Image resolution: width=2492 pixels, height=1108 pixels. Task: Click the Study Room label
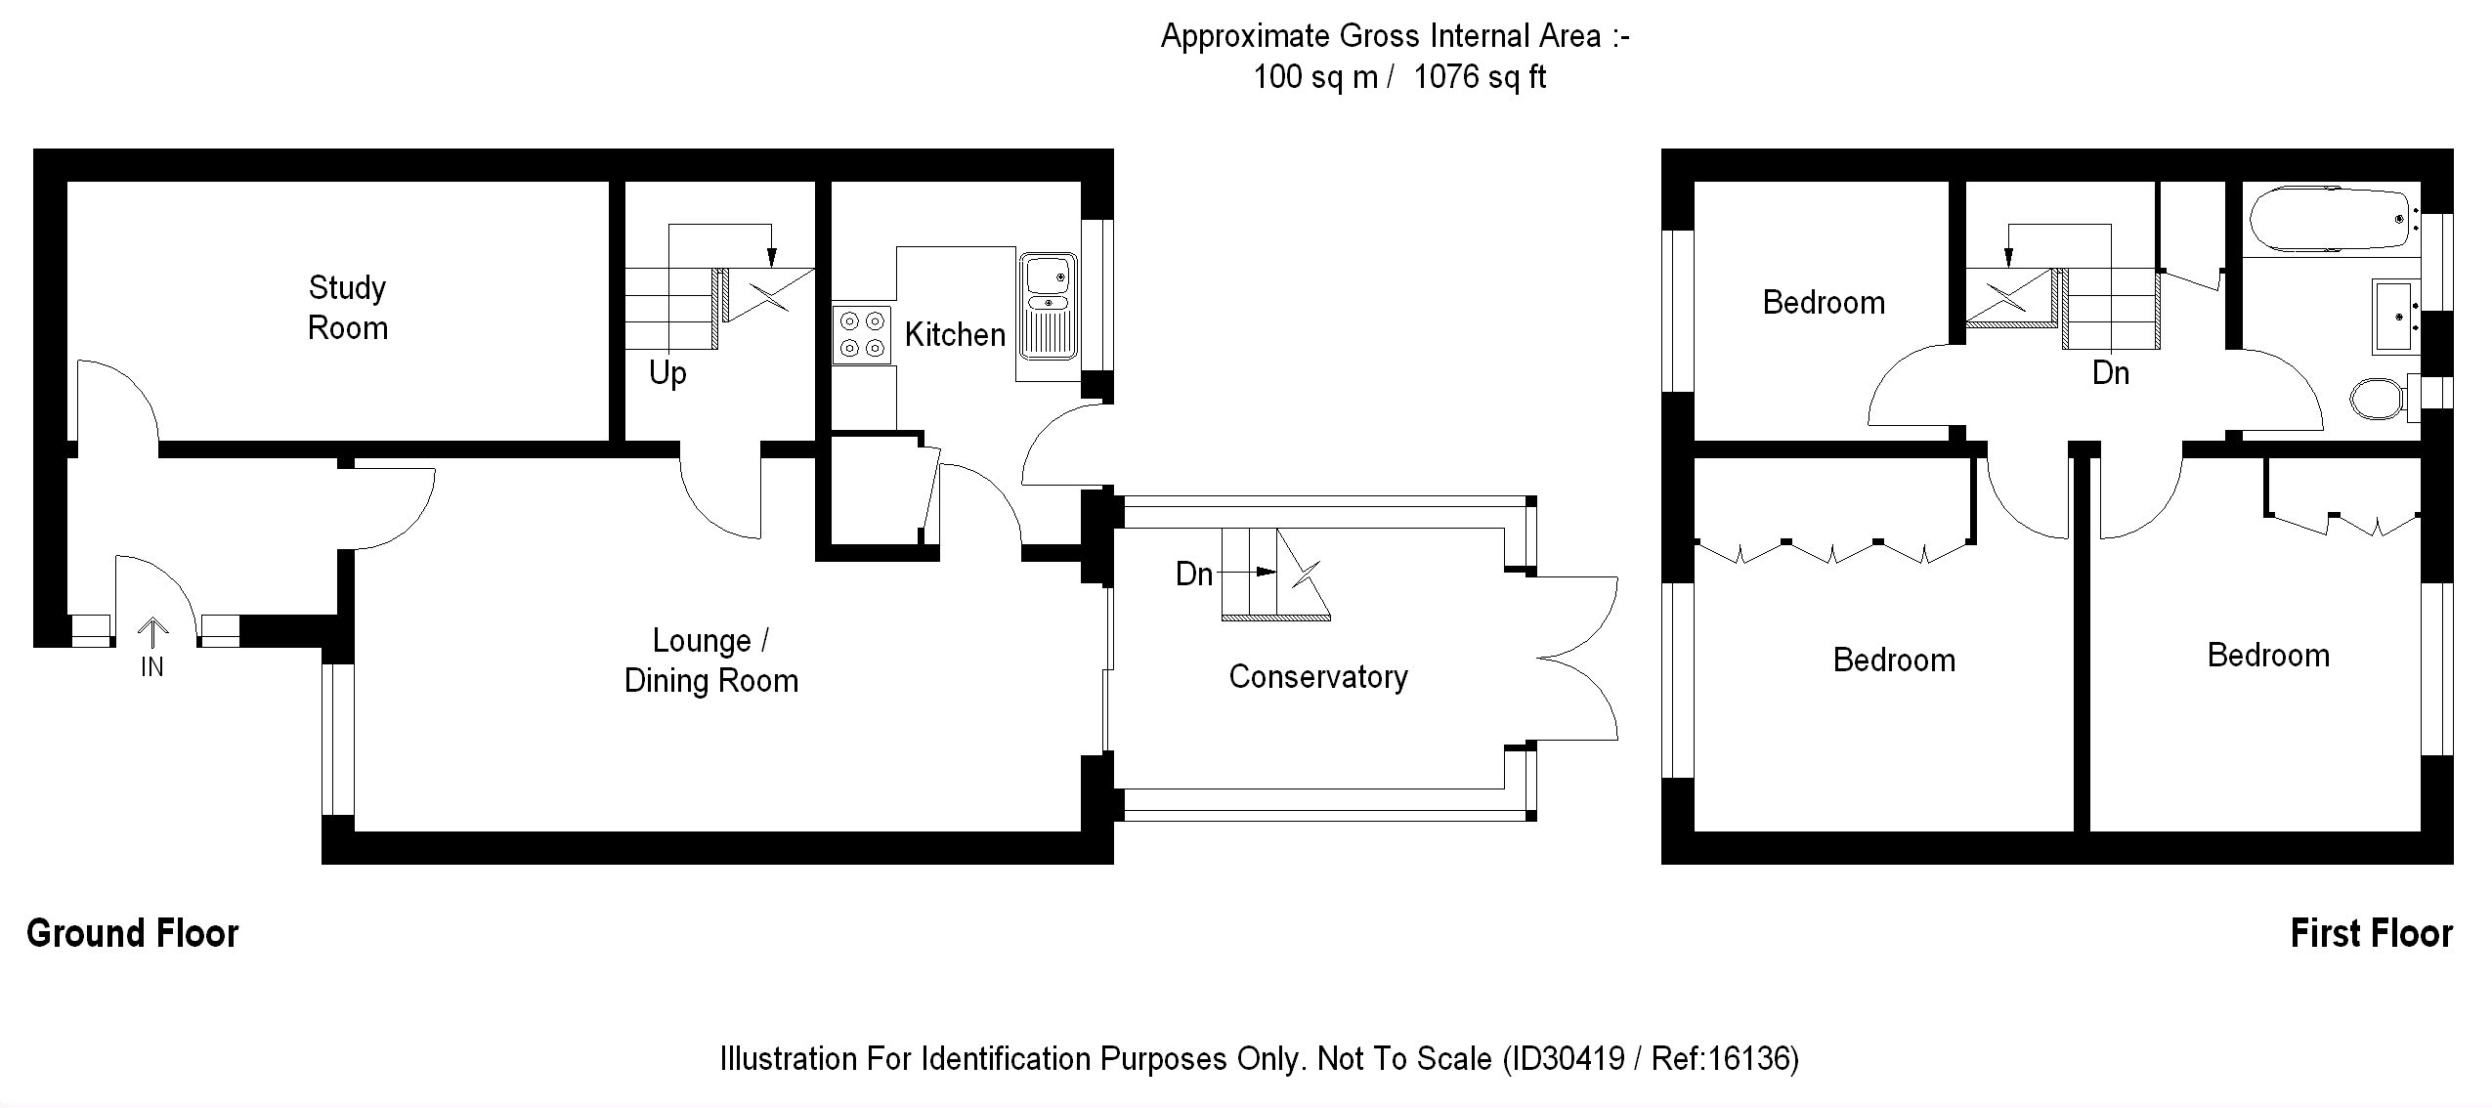click(348, 307)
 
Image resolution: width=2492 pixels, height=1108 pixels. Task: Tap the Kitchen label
click(955, 334)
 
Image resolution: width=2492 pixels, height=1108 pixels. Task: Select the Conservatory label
click(1318, 676)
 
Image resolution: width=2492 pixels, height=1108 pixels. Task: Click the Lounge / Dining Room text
click(711, 661)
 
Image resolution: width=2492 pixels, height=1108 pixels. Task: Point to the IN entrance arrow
click(152, 633)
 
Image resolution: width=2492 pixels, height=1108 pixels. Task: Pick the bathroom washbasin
click(2396, 316)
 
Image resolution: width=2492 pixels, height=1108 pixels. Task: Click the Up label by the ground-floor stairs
click(667, 373)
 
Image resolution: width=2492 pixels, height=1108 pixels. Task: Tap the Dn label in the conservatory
click(1194, 574)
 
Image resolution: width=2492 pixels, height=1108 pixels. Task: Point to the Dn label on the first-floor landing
click(2111, 373)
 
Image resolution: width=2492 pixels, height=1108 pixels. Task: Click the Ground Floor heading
click(133, 933)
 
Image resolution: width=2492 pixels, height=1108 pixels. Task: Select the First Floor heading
click(2372, 933)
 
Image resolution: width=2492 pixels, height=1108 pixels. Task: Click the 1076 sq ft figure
click(1480, 76)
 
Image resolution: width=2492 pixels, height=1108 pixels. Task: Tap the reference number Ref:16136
click(1721, 1058)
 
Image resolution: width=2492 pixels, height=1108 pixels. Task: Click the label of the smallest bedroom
click(1824, 303)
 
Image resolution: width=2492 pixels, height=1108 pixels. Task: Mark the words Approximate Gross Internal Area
click(1381, 36)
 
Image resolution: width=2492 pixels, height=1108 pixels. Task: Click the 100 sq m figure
click(1315, 76)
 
